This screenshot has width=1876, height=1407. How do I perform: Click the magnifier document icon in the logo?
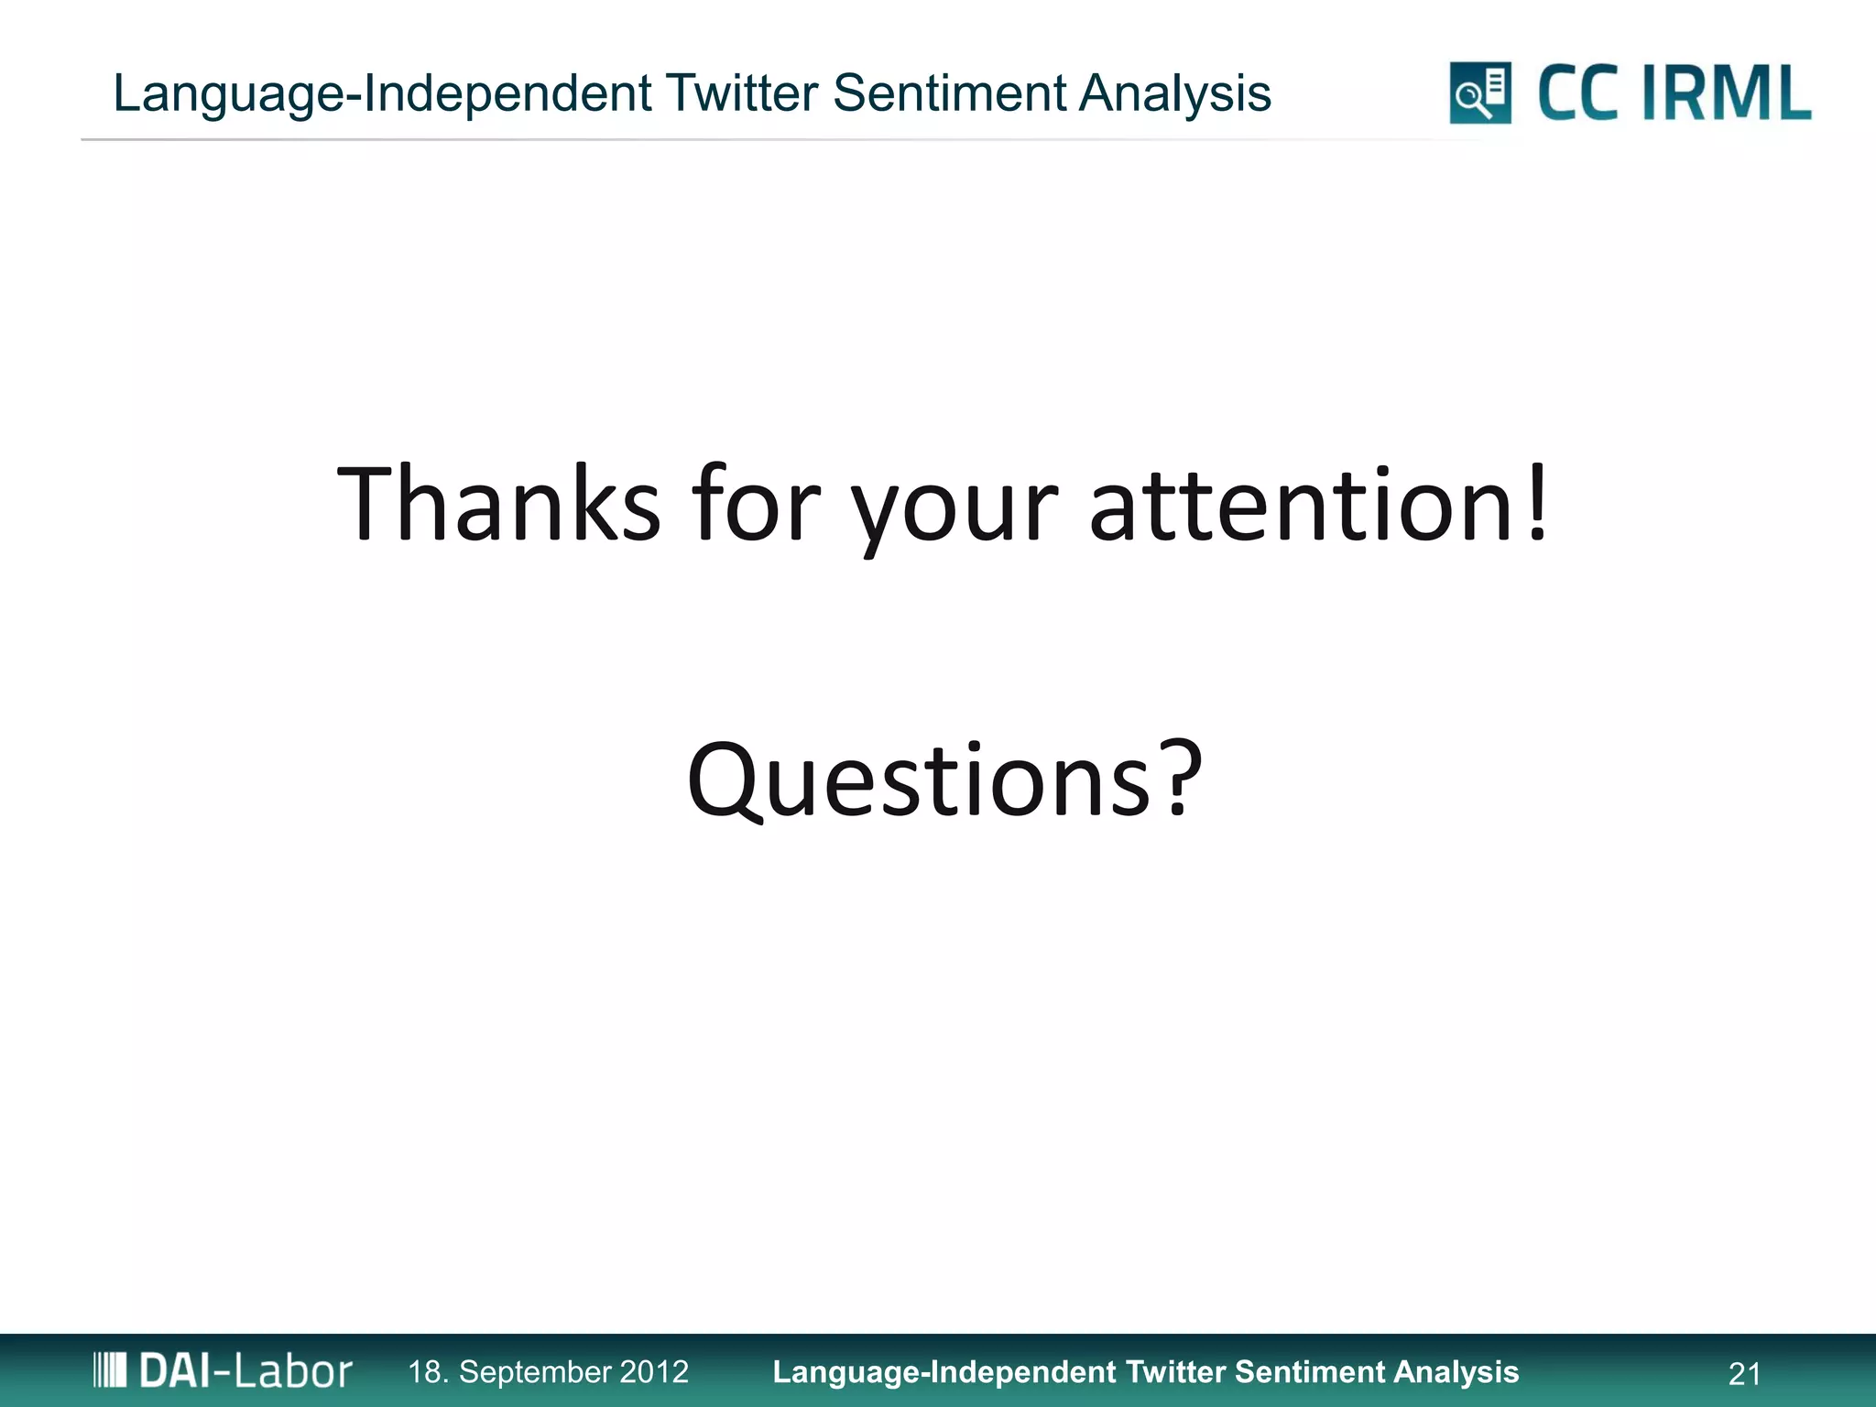pyautogui.click(x=1480, y=93)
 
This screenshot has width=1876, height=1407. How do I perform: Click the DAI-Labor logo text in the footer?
pyautogui.click(x=245, y=1371)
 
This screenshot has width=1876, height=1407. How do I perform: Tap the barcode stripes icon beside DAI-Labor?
pyautogui.click(x=110, y=1370)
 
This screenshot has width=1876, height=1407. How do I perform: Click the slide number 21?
pyautogui.click(x=1744, y=1373)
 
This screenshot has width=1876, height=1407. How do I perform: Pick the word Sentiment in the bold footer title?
pyautogui.click(x=1310, y=1371)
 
